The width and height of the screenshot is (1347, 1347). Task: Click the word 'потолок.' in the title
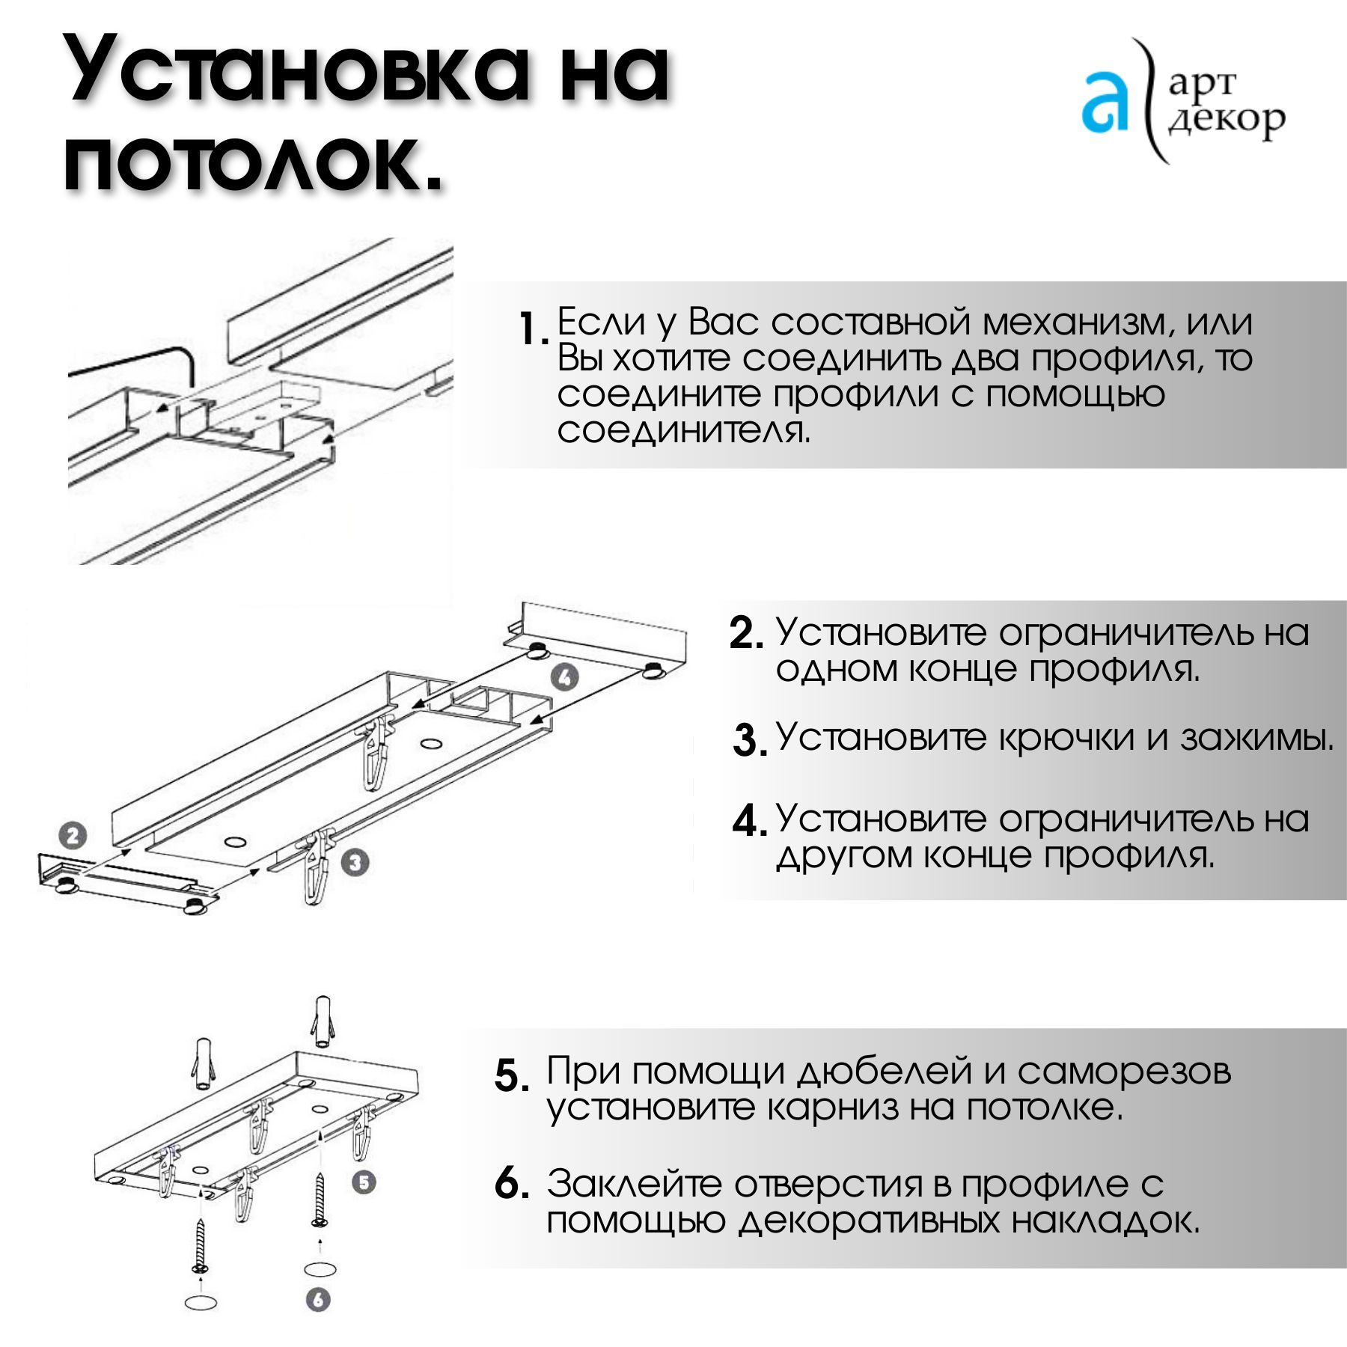point(253,160)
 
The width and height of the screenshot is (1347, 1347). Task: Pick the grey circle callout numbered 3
point(355,862)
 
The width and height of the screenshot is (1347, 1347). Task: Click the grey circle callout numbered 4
point(565,677)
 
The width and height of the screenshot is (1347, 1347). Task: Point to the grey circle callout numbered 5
point(364,1182)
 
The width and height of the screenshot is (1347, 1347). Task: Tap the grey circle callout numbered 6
point(318,1300)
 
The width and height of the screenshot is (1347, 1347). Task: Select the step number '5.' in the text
point(512,1076)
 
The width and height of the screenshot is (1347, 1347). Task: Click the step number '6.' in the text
point(512,1184)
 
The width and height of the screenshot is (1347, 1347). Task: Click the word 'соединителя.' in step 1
point(684,430)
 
